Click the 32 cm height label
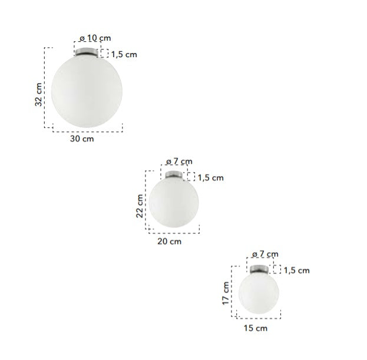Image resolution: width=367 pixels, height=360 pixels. click(x=39, y=94)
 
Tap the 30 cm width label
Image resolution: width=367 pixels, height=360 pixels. click(x=82, y=139)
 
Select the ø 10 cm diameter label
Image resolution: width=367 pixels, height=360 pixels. click(x=95, y=38)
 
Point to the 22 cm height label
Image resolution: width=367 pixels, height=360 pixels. click(x=140, y=206)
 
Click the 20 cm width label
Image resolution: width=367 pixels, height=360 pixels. click(x=170, y=242)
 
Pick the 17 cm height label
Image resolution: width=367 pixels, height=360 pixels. click(x=226, y=292)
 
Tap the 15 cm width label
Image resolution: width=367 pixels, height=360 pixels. click(x=255, y=328)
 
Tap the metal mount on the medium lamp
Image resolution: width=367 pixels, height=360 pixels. click(x=174, y=174)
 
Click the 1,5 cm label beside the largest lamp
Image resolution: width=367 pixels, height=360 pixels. click(x=124, y=55)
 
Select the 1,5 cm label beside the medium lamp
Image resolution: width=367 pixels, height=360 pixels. click(x=210, y=177)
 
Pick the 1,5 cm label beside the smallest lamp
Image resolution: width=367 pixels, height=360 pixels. click(x=296, y=270)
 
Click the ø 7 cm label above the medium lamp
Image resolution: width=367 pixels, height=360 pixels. click(x=179, y=161)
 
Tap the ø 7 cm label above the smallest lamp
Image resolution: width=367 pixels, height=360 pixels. click(x=264, y=254)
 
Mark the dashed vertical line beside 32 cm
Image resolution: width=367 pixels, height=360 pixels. click(x=45, y=88)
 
